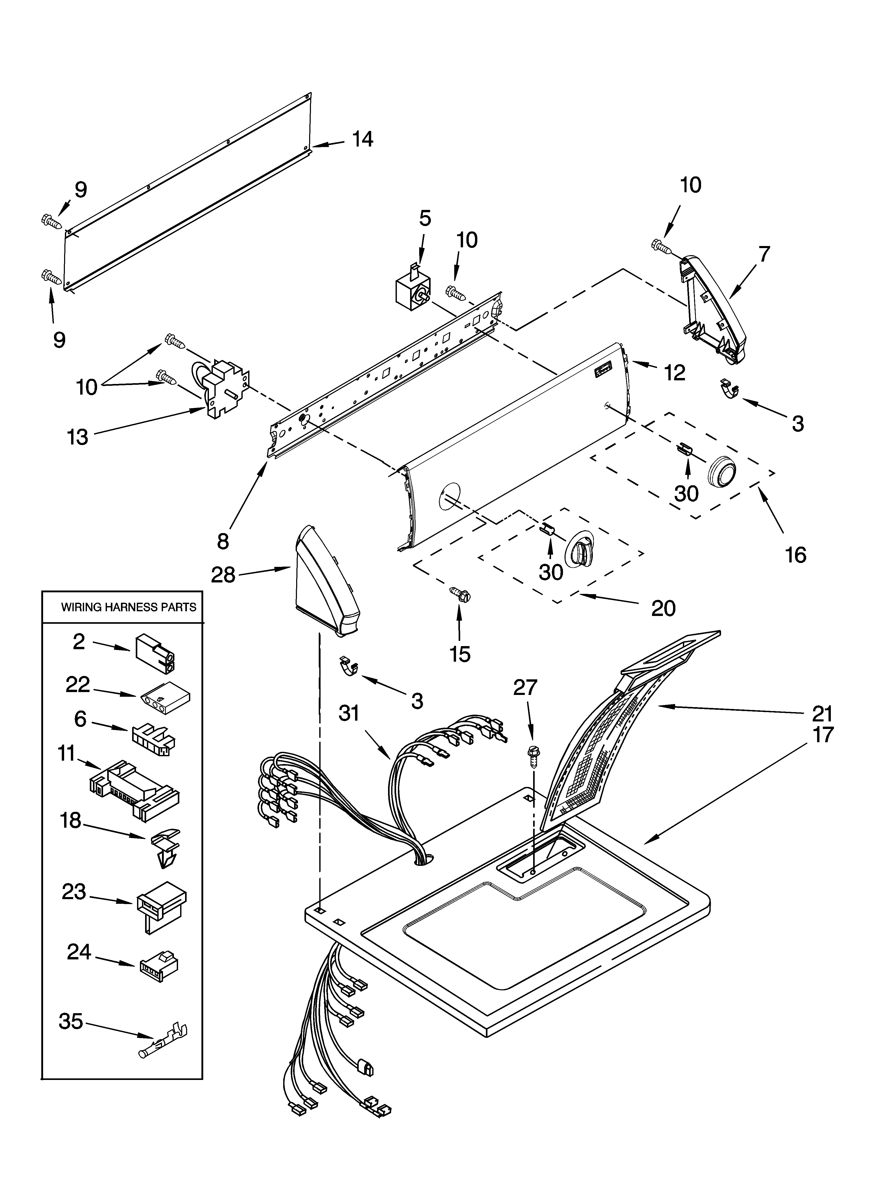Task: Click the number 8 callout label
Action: (x=223, y=541)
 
